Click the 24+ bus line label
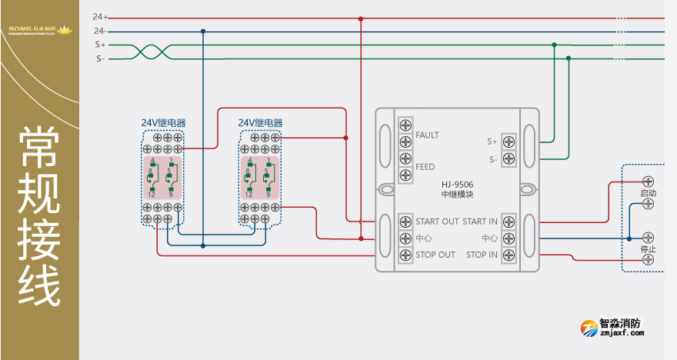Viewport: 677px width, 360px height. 100,16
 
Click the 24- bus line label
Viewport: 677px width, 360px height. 100,31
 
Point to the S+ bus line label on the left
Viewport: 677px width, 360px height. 100,45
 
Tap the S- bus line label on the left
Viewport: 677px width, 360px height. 100,58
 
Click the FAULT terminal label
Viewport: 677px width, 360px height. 427,135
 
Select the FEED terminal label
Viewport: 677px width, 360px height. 425,167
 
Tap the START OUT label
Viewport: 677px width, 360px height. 437,222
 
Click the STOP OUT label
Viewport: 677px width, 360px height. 435,255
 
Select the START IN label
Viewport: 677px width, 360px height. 480,222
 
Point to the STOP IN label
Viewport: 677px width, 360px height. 482,255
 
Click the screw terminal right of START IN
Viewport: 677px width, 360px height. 509,222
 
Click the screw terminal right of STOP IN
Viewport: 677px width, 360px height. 509,255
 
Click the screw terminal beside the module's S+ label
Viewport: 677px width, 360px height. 509,142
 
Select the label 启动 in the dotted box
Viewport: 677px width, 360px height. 648,194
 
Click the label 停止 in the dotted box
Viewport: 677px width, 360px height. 648,249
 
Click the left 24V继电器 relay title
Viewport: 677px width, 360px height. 163,123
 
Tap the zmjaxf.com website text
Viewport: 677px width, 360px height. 621,335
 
